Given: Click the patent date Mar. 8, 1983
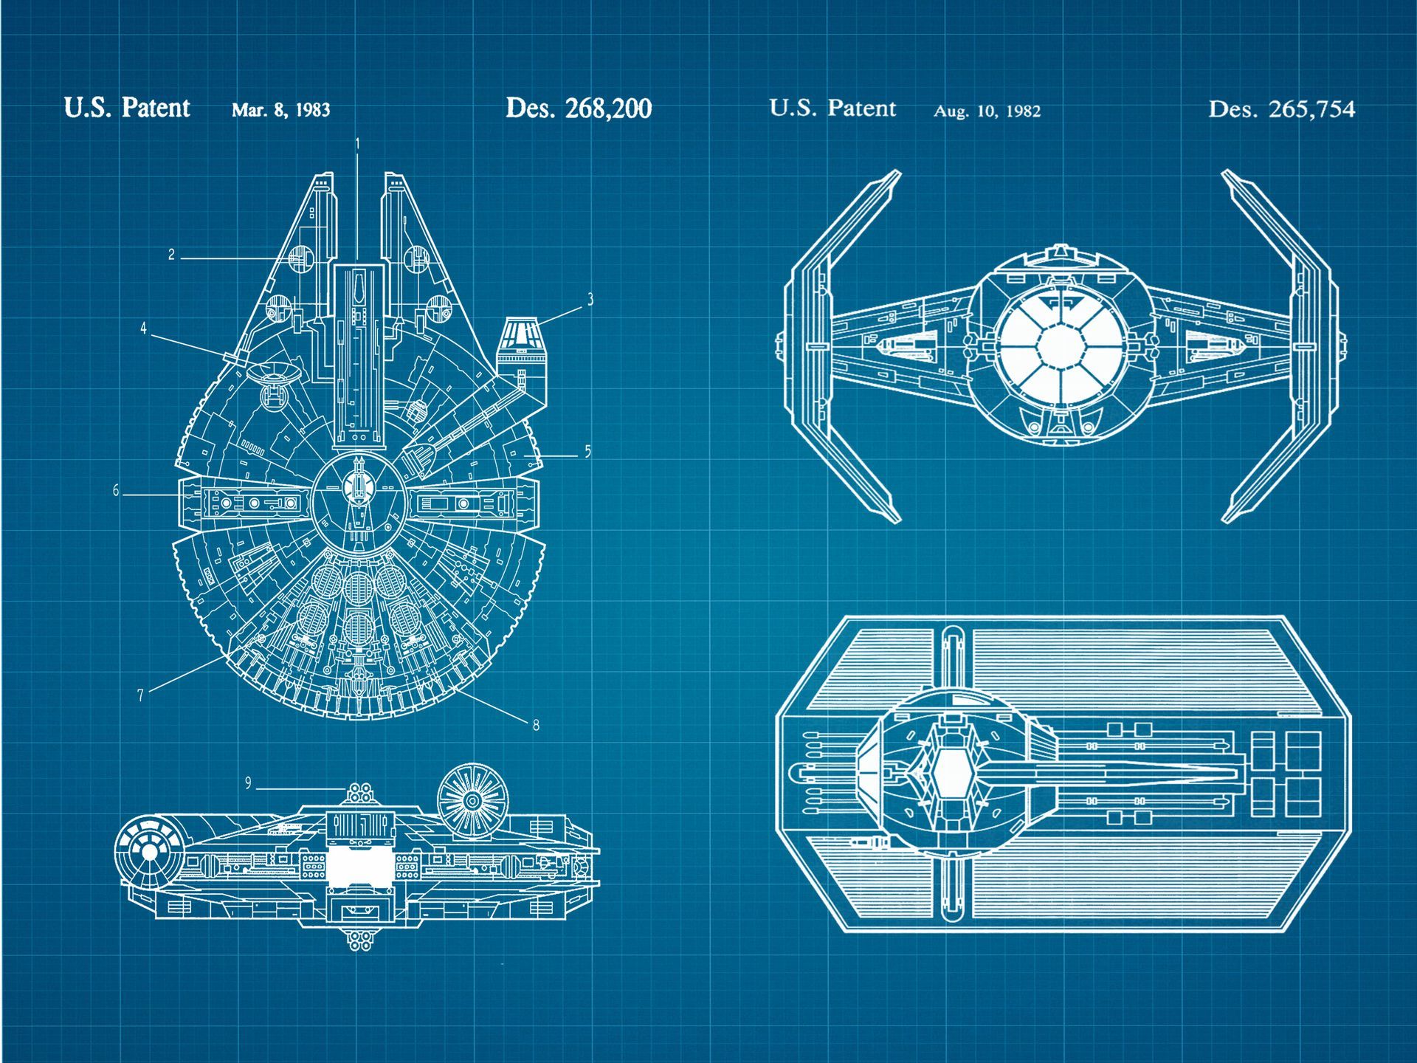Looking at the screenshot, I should (280, 110).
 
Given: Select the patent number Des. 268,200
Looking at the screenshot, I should (579, 109).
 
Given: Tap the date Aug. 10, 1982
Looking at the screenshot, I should (987, 111).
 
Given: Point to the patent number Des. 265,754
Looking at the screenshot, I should (1281, 109).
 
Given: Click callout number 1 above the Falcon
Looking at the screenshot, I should (358, 144).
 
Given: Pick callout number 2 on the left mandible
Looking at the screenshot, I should (171, 255).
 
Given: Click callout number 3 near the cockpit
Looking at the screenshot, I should (590, 299).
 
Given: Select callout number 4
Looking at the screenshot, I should (143, 328).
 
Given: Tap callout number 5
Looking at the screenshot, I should (587, 451).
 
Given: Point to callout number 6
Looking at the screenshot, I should (116, 490).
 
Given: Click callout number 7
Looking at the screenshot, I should (140, 695).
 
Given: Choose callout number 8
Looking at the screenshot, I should (536, 725).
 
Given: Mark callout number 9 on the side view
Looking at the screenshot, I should (249, 783).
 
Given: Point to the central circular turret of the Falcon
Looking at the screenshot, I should (358, 502).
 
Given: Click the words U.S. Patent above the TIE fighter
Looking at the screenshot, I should (832, 109).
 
